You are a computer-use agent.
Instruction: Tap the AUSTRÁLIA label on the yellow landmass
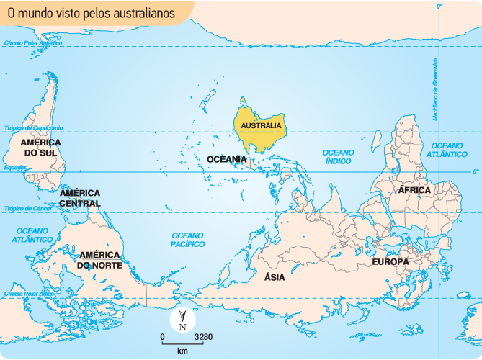pyautogui.click(x=261, y=125)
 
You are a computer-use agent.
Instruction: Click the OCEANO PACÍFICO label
pyautogui.click(x=187, y=240)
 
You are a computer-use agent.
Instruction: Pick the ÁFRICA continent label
pyautogui.click(x=414, y=190)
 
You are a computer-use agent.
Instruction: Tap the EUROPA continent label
pyautogui.click(x=390, y=261)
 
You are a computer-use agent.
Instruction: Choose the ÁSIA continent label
pyautogui.click(x=275, y=277)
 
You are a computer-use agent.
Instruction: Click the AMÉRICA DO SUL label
pyautogui.click(x=41, y=148)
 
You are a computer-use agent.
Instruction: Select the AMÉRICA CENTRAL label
pyautogui.click(x=80, y=198)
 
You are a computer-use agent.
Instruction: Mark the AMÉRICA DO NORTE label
pyautogui.click(x=101, y=260)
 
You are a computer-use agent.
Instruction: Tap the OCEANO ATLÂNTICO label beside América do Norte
pyautogui.click(x=35, y=235)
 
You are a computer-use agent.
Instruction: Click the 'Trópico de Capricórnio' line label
pyautogui.click(x=34, y=128)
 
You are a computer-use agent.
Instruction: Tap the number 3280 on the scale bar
pyautogui.click(x=203, y=337)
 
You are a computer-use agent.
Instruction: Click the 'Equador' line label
pyautogui.click(x=15, y=168)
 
